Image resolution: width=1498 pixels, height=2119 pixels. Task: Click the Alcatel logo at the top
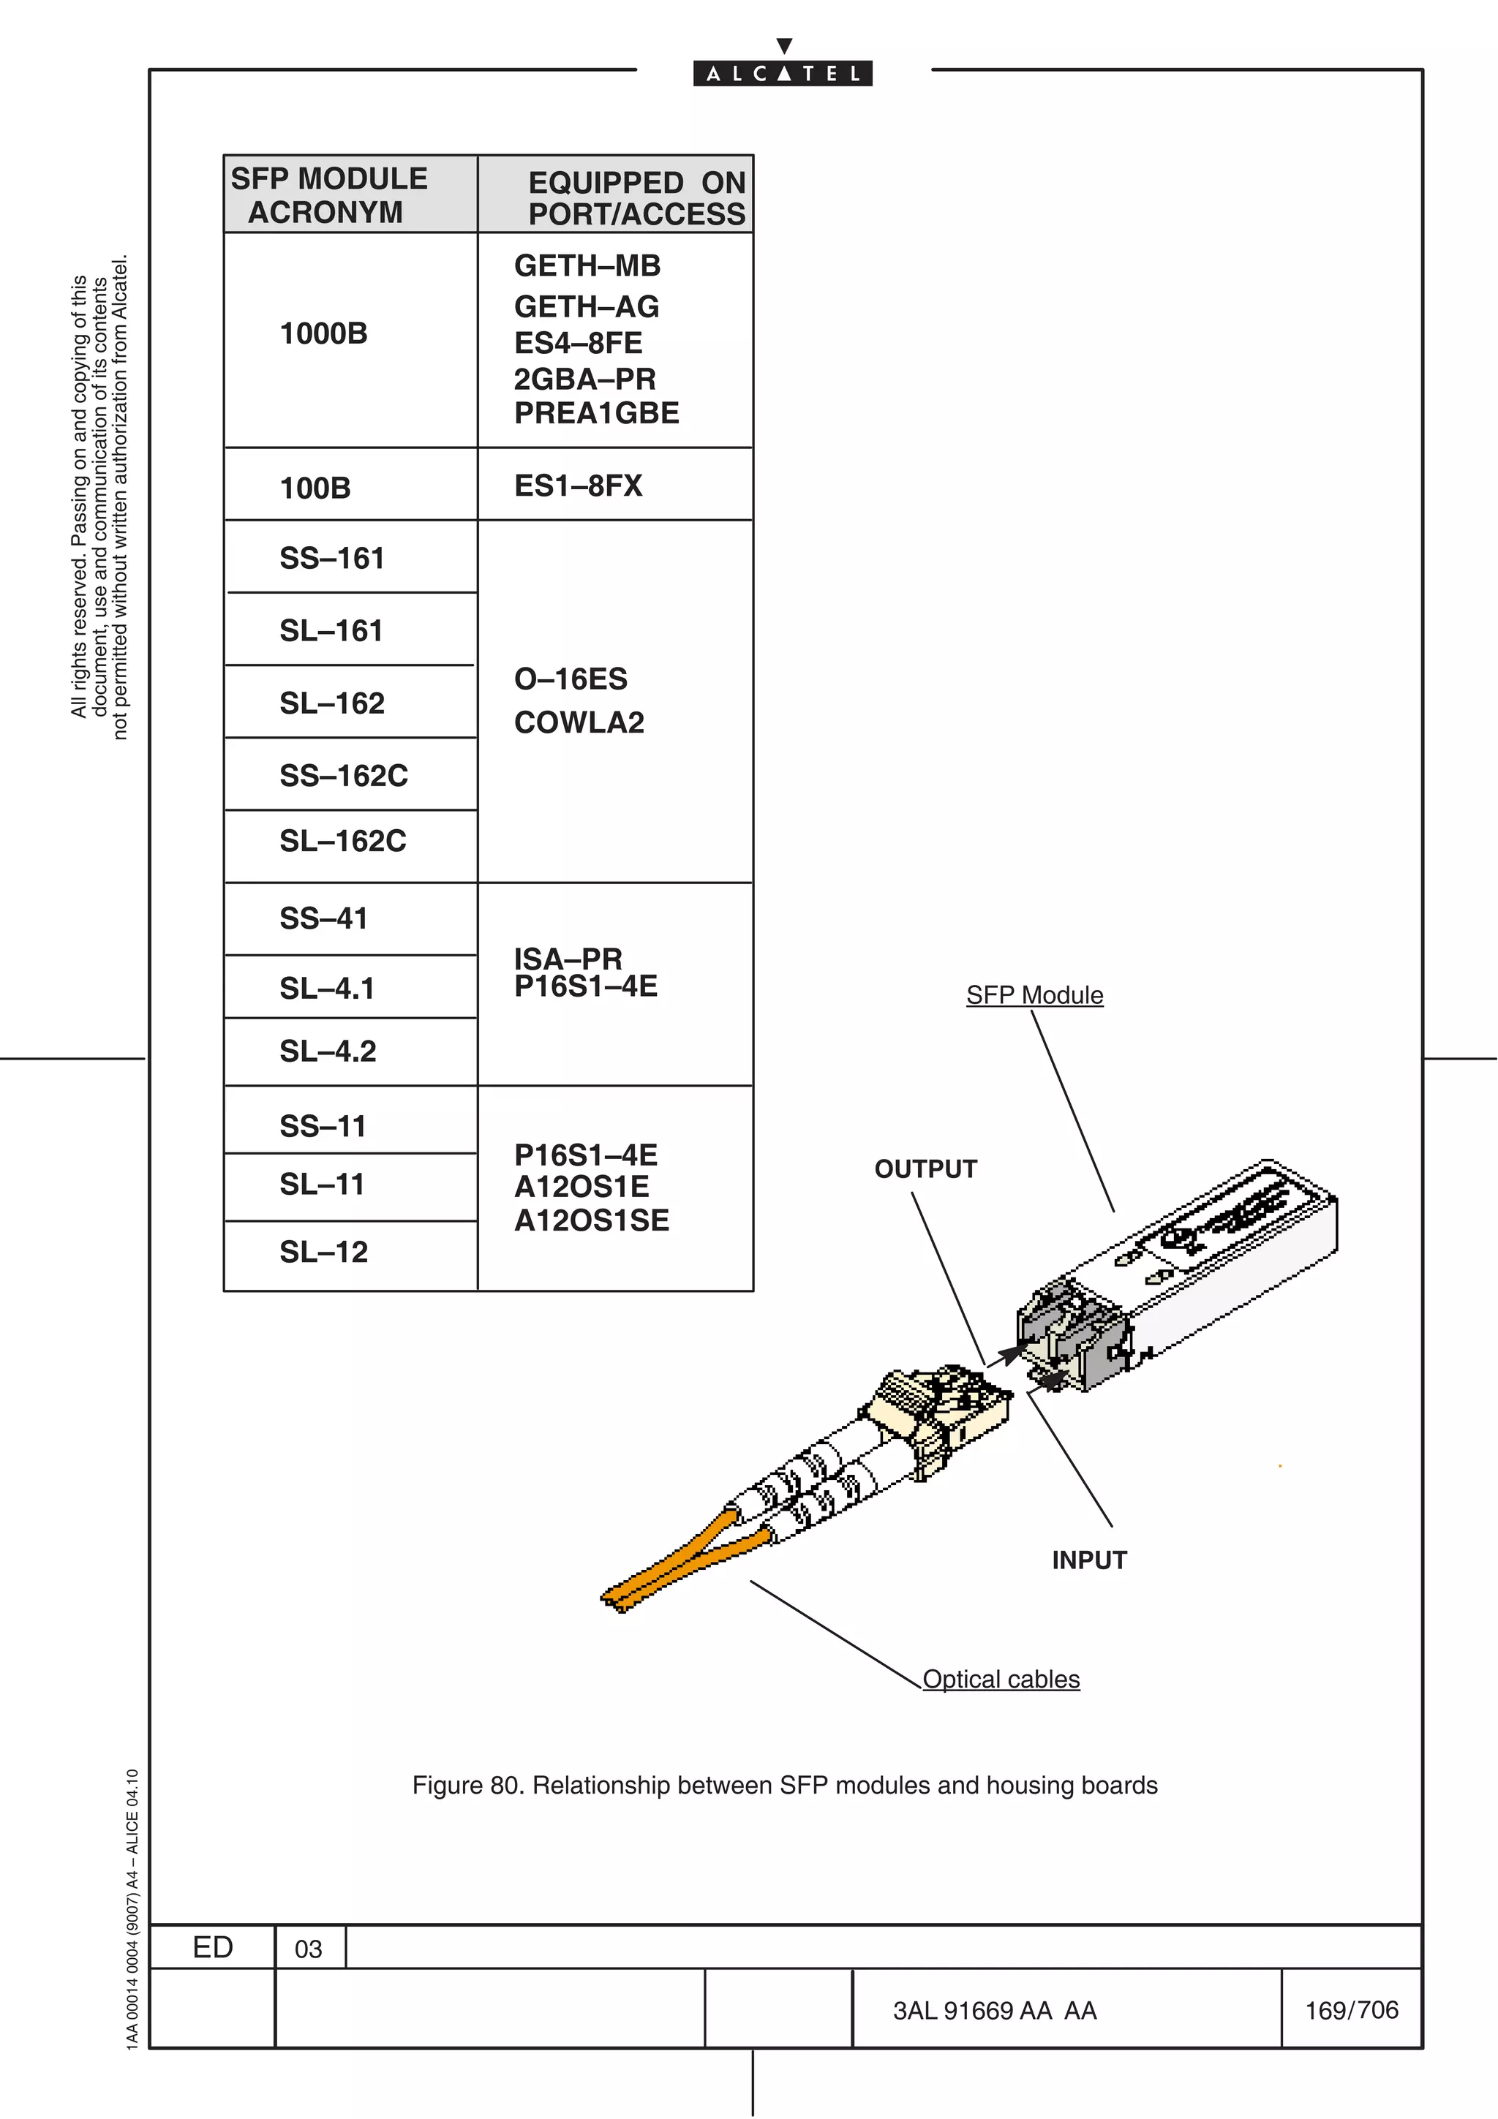783,72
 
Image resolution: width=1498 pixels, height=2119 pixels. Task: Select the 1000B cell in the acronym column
323,334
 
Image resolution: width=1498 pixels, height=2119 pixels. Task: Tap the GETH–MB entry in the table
587,267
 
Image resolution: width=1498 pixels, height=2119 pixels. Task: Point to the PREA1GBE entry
596,413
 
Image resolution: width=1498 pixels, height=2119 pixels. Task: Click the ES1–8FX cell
578,486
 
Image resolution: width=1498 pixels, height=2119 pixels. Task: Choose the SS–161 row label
331,559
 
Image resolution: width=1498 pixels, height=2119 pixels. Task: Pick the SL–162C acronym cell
342,842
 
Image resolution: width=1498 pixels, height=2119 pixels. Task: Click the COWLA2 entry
579,722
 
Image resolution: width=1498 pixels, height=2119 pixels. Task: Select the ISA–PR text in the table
568,958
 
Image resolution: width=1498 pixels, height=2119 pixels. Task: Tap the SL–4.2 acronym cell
328,1052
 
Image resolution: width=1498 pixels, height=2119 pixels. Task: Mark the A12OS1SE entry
592,1221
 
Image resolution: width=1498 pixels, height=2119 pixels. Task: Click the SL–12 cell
323,1253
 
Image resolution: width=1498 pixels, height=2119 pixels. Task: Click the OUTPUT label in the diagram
925,1169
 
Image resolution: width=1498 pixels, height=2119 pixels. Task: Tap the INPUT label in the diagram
1089,1560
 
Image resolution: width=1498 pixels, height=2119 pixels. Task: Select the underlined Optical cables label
1001,1680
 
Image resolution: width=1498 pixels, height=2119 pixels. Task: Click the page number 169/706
1351,2011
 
